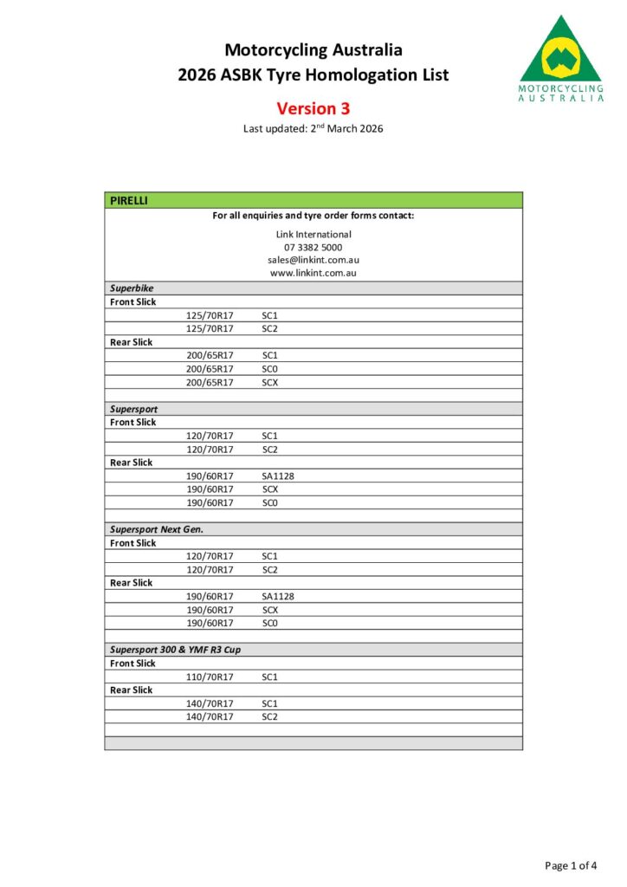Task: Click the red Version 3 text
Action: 313,108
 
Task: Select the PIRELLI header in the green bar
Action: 129,200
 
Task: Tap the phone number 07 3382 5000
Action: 313,247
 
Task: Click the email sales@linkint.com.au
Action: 313,260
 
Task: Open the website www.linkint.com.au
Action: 313,273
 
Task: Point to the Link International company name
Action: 313,234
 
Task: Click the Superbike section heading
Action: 133,288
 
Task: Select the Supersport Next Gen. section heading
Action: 157,529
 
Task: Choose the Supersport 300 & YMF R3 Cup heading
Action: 175,650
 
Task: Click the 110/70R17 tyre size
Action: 210,677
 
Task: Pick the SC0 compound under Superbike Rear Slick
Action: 269,369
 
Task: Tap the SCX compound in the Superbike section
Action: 269,382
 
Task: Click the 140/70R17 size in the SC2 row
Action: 210,717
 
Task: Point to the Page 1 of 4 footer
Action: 570,865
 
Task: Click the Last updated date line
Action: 313,129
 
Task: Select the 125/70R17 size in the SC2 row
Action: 210,329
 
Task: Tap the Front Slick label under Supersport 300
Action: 133,664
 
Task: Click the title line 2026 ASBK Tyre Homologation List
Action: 313,75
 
